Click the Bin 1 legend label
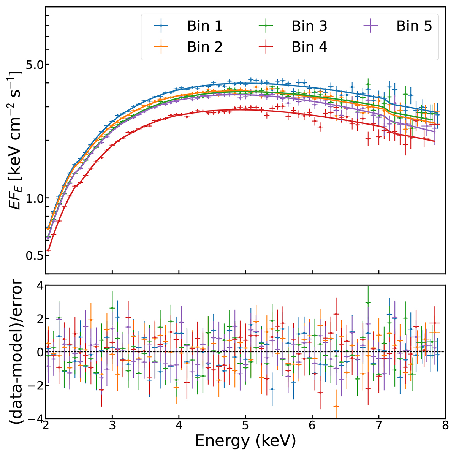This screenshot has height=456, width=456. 205,26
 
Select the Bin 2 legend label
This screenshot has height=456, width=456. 205,47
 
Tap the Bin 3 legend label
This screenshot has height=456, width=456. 309,26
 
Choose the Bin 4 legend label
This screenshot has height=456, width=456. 309,47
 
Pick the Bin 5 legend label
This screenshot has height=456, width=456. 414,26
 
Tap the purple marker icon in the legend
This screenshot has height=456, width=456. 373,26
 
